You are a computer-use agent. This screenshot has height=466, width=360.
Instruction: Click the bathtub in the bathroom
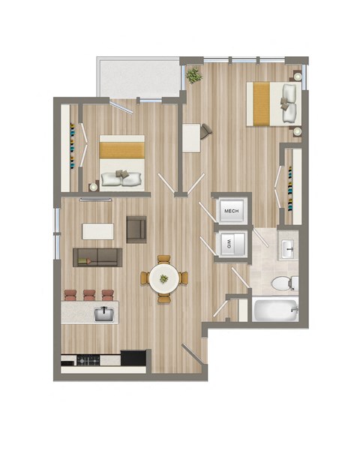pos(274,309)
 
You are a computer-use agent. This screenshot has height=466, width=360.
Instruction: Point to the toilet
pos(283,283)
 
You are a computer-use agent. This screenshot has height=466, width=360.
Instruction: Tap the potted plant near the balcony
pos(194,74)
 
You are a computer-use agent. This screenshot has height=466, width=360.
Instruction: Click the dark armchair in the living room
pos(136,229)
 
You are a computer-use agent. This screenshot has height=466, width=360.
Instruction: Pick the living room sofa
pos(96,257)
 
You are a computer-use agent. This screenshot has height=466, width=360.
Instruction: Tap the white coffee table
pos(98,231)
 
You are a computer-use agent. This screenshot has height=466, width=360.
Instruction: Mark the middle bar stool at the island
pos(89,295)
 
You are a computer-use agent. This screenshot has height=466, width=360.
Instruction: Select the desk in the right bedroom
pos(192,137)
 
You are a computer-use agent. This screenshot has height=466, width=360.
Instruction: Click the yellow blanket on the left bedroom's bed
pos(121,147)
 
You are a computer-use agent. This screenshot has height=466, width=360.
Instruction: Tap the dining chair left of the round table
pos(144,278)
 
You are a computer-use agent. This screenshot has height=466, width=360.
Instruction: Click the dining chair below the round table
pos(163,298)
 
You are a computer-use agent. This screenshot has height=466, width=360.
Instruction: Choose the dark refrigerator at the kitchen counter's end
pos(133,358)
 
